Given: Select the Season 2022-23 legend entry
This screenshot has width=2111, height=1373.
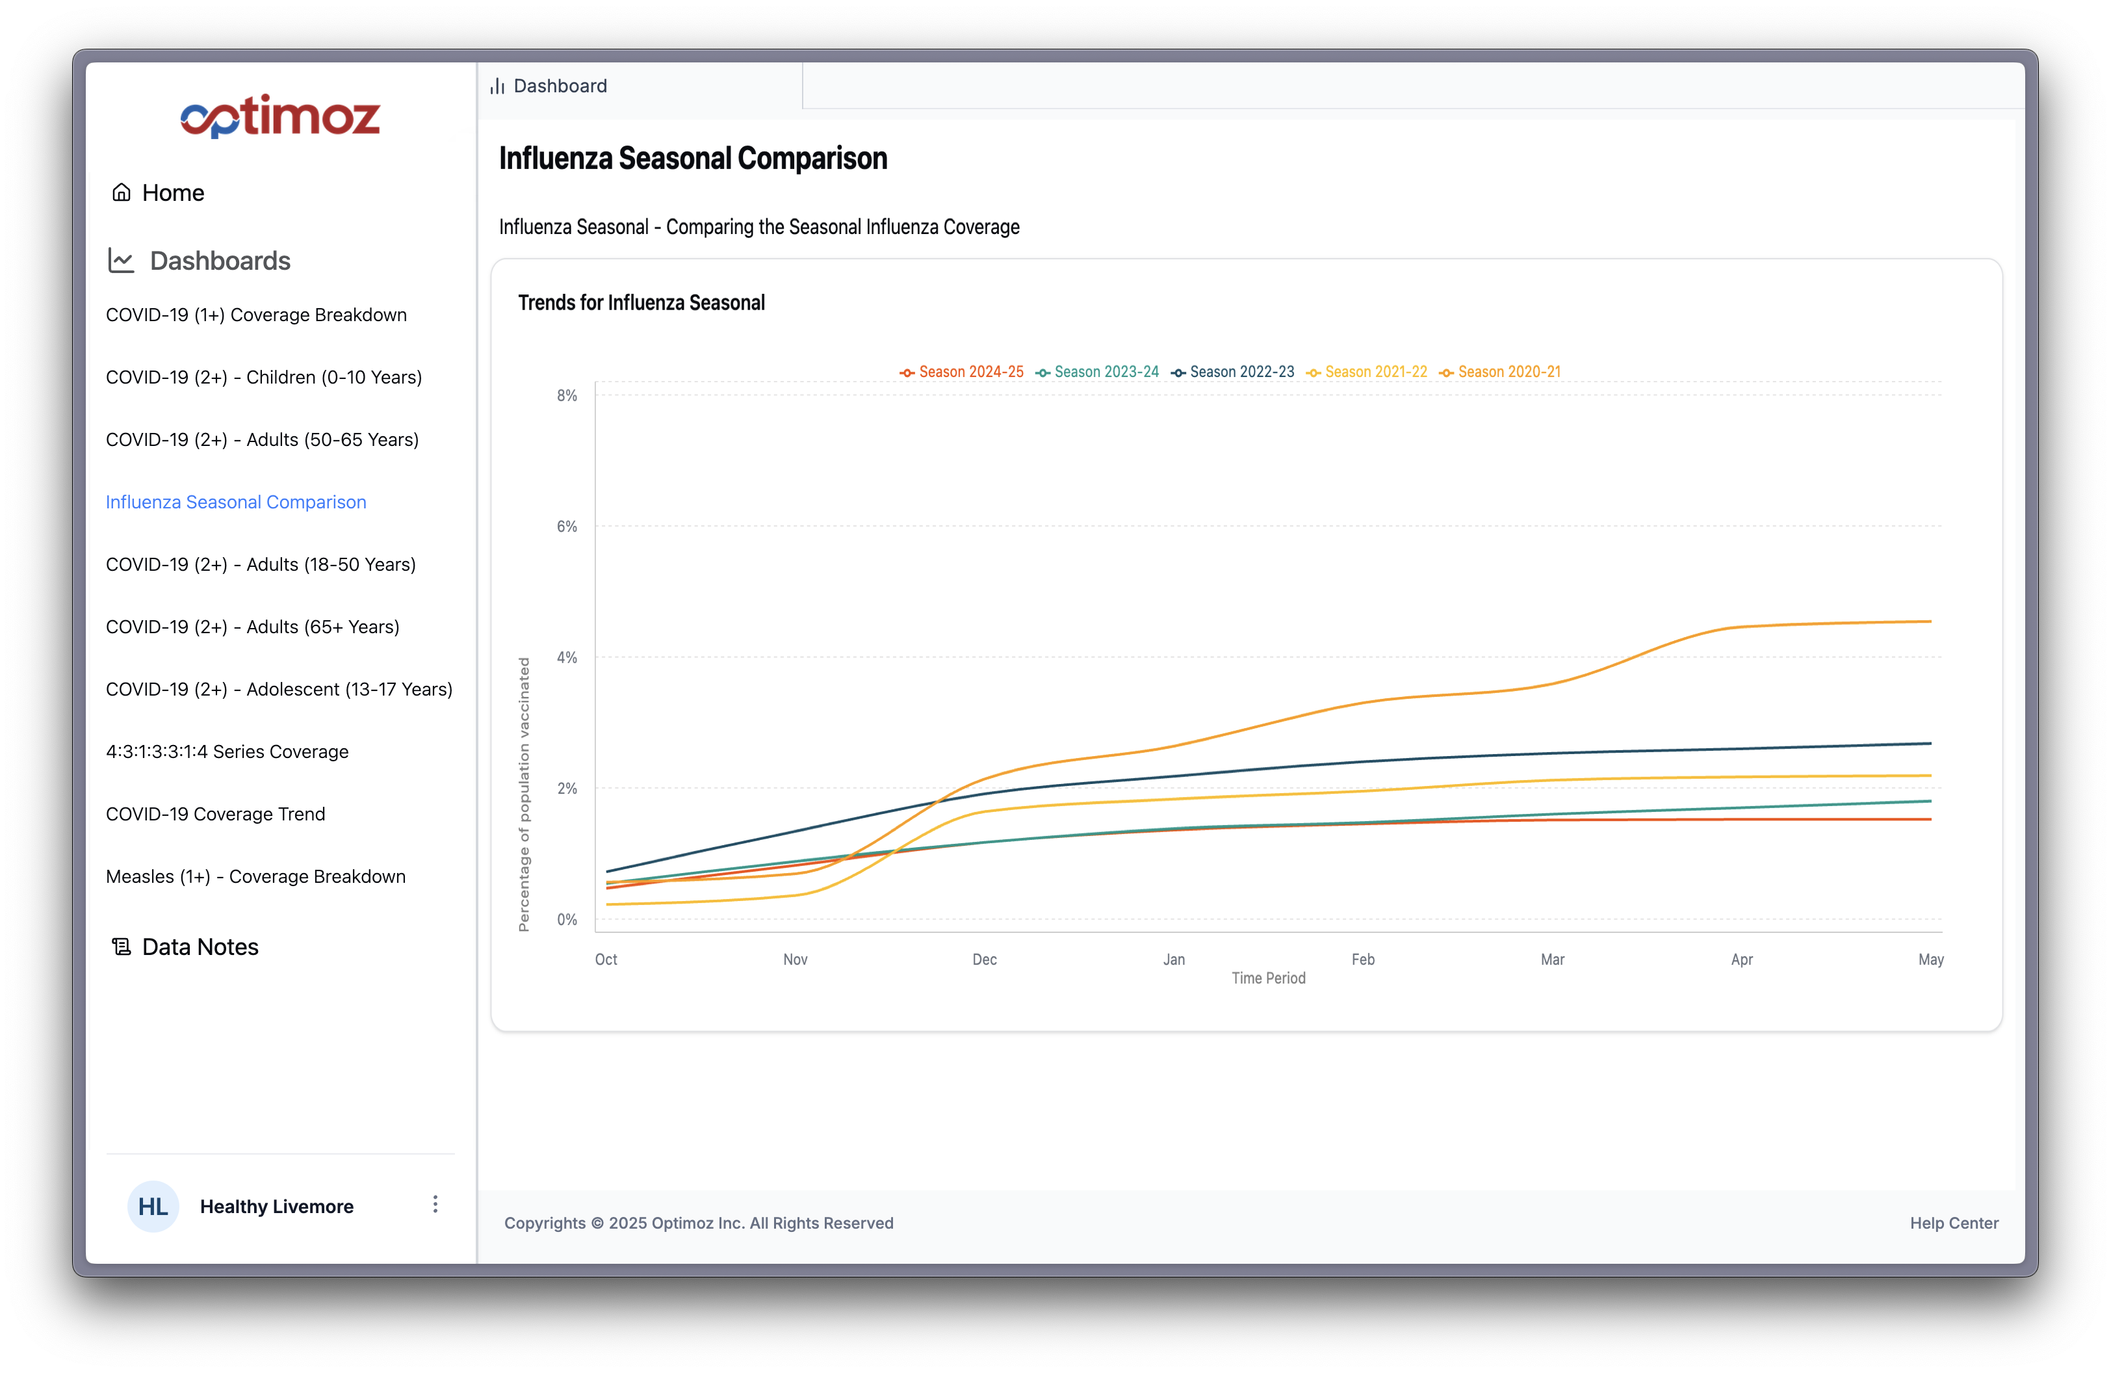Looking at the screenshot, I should coord(1232,372).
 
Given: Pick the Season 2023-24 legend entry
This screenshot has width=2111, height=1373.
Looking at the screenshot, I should coord(1097,372).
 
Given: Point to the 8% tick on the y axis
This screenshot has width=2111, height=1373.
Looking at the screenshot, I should coord(567,395).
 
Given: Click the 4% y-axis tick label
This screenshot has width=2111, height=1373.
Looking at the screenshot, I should coord(567,657).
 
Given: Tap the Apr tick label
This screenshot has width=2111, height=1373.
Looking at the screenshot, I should coord(1741,960).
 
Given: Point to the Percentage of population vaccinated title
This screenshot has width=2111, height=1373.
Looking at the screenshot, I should coord(525,794).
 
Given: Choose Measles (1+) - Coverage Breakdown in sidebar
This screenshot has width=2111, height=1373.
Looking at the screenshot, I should coord(255,876).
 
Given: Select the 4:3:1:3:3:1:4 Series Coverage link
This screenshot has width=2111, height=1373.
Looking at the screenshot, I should coord(227,752).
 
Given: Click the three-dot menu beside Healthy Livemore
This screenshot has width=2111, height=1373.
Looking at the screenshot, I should coord(435,1205).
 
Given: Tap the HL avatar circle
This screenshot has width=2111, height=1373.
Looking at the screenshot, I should coord(153,1207).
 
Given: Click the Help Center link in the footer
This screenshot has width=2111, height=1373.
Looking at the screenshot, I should coord(1954,1223).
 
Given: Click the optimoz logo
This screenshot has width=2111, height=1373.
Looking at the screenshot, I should coord(280,116).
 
